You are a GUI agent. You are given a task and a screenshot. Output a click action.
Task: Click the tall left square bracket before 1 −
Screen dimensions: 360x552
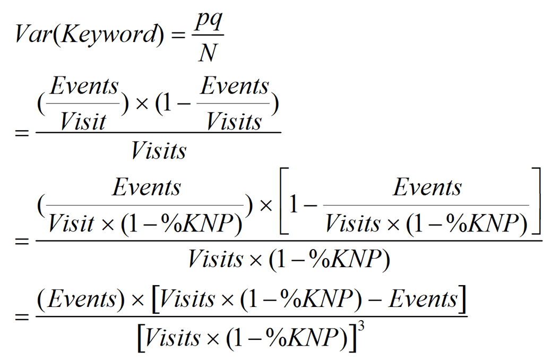click(281, 202)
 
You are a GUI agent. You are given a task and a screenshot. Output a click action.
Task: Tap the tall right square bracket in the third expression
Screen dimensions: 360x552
click(537, 202)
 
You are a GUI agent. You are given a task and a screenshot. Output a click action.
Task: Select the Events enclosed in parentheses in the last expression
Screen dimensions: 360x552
click(79, 300)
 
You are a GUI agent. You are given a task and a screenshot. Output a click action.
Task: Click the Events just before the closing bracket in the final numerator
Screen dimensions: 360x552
click(422, 300)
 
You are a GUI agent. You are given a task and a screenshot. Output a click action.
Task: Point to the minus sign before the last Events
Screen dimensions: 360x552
click(378, 300)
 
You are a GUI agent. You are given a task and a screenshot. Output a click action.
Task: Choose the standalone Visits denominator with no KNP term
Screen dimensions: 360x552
click(159, 152)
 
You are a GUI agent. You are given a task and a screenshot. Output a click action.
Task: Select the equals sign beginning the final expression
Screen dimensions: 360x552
click(22, 317)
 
